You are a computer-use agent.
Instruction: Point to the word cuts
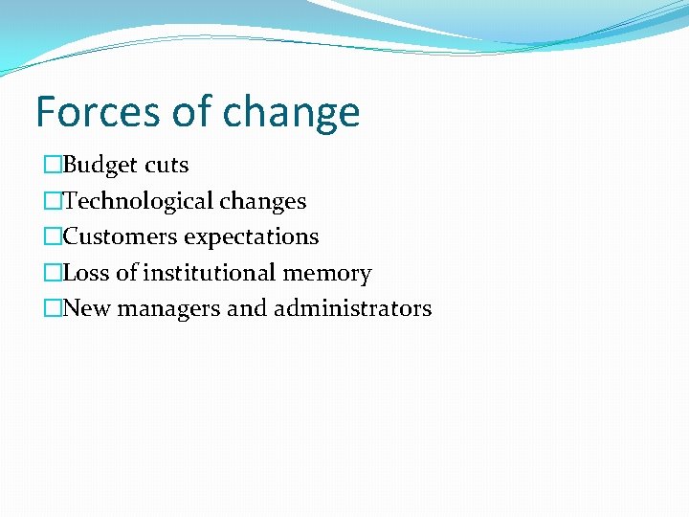click(167, 166)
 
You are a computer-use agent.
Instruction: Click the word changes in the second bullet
click(263, 201)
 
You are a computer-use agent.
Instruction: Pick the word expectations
click(252, 237)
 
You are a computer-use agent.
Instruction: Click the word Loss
click(86, 273)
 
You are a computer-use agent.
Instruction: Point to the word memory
click(327, 274)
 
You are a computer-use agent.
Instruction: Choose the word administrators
click(352, 308)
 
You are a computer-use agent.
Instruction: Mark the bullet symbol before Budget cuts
click(53, 166)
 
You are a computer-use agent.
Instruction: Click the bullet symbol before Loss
click(53, 273)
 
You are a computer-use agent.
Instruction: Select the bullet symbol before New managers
click(53, 308)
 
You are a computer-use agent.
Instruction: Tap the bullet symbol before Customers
click(53, 236)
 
